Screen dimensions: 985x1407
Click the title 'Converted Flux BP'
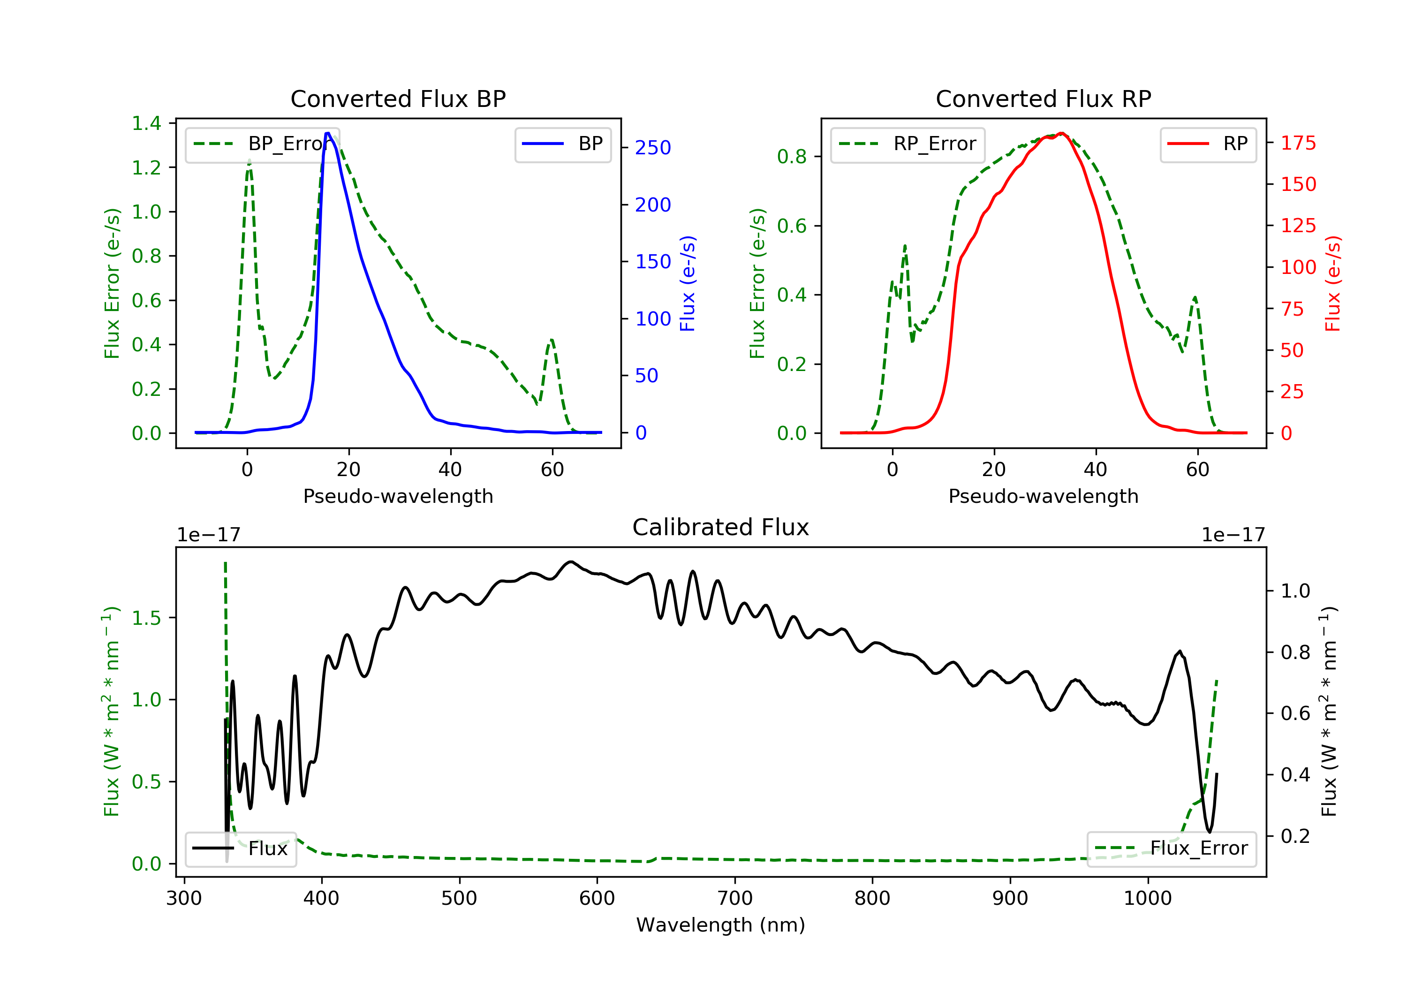click(398, 98)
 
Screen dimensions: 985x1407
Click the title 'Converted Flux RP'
click(1043, 98)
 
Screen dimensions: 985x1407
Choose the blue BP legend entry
click(562, 144)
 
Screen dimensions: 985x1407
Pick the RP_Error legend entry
click(908, 144)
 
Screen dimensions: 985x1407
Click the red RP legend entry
click(1208, 144)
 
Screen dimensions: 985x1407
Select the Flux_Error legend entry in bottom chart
click(1171, 849)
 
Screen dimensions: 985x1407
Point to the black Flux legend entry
click(240, 849)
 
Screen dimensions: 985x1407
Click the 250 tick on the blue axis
click(653, 148)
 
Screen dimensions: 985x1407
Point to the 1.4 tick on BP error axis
click(146, 123)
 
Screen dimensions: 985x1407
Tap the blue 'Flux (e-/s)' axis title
click(688, 284)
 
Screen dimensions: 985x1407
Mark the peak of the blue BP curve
click(328, 133)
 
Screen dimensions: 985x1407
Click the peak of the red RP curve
click(1061, 134)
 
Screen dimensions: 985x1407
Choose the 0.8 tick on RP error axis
click(791, 157)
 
